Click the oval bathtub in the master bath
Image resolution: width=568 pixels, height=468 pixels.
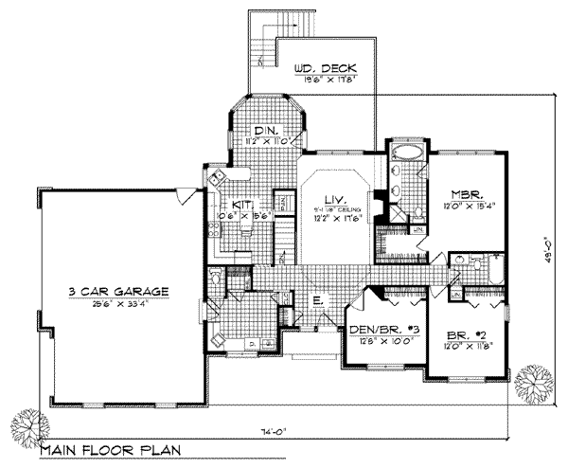pyautogui.click(x=410, y=152)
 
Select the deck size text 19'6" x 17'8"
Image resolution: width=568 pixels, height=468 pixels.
pyautogui.click(x=322, y=81)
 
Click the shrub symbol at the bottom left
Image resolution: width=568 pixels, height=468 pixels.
pyautogui.click(x=27, y=423)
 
